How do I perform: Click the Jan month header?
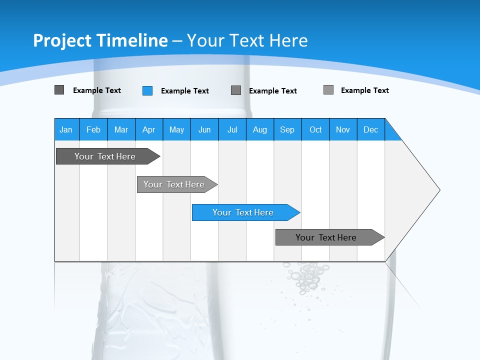[x=66, y=129]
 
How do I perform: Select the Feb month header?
[x=93, y=129]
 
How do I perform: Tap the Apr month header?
[x=148, y=129]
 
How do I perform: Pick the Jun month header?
[x=204, y=129]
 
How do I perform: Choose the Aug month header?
[x=259, y=129]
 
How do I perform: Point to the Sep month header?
[x=287, y=129]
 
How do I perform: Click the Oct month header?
[x=315, y=129]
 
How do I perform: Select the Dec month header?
[x=370, y=129]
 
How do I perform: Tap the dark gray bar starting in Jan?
[x=105, y=156]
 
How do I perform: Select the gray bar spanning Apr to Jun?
[x=174, y=184]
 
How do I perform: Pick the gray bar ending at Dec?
[x=326, y=237]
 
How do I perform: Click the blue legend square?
[x=147, y=90]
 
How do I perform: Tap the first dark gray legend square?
[x=59, y=90]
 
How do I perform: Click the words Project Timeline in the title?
[x=100, y=40]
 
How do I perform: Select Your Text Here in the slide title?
[x=247, y=40]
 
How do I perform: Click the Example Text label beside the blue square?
[x=185, y=91]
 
